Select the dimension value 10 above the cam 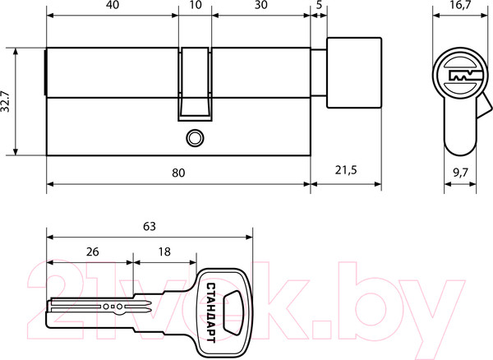(x=194, y=7)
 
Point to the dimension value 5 (x=318, y=7)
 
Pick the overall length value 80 (x=178, y=173)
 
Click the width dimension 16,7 (x=460, y=7)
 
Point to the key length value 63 (x=149, y=226)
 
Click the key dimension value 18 (x=164, y=253)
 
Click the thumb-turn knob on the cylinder (x=354, y=72)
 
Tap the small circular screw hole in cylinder (x=194, y=137)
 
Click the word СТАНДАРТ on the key (x=212, y=307)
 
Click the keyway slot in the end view (x=460, y=77)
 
